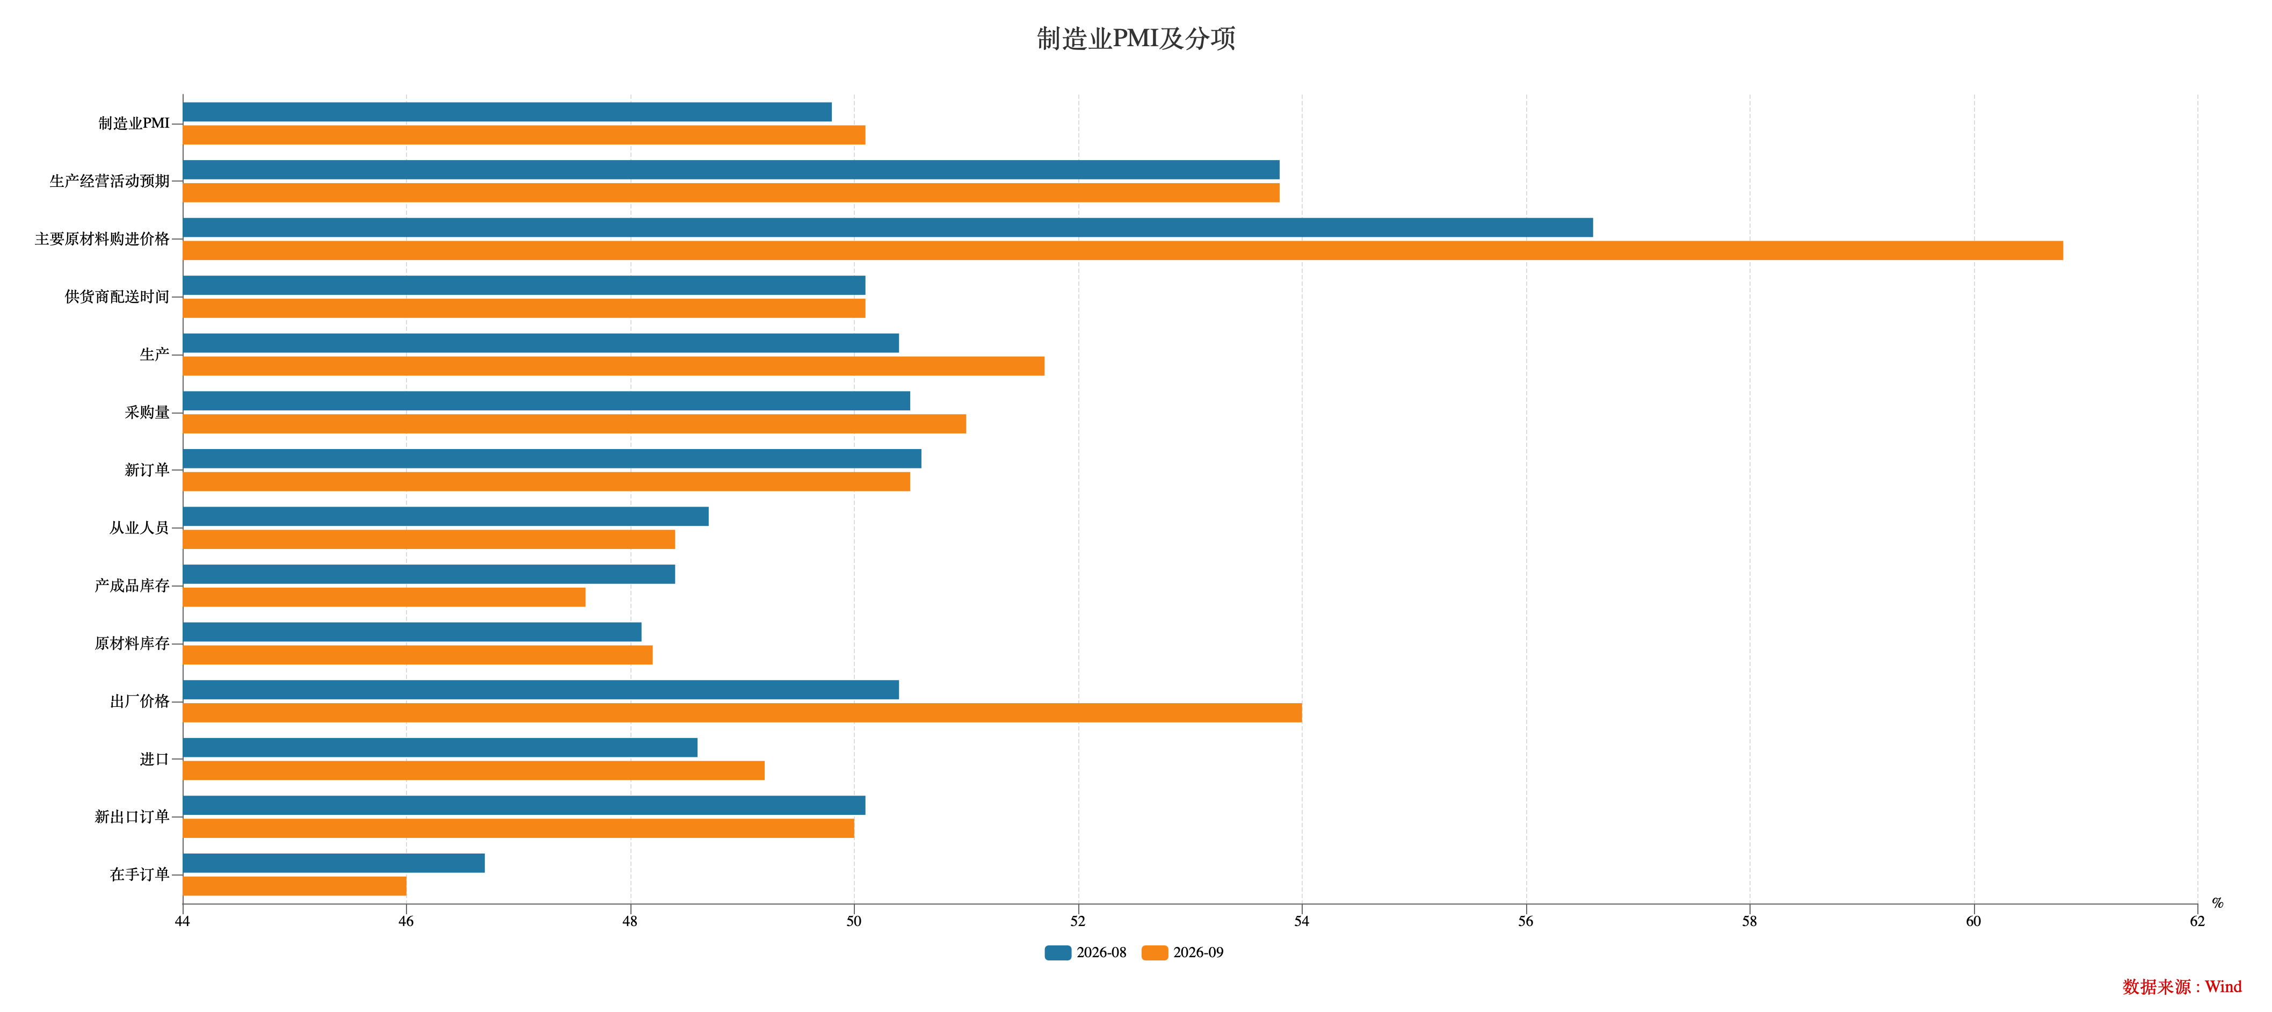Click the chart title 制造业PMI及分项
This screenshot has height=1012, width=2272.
(1136, 39)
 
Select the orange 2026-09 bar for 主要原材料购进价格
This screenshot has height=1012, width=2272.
(1123, 250)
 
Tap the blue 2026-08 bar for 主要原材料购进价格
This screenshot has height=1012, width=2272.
(888, 228)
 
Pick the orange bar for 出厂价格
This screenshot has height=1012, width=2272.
(743, 713)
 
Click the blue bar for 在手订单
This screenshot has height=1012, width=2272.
(334, 863)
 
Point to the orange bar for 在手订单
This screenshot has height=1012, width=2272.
(295, 886)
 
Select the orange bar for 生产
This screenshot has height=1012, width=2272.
(614, 366)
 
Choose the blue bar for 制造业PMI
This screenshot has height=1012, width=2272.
(507, 112)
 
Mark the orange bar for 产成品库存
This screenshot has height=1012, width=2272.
(384, 597)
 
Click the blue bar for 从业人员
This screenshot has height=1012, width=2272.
(446, 516)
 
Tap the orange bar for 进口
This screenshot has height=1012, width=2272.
(474, 770)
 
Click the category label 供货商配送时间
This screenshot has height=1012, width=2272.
(117, 297)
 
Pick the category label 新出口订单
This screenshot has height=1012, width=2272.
(132, 817)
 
